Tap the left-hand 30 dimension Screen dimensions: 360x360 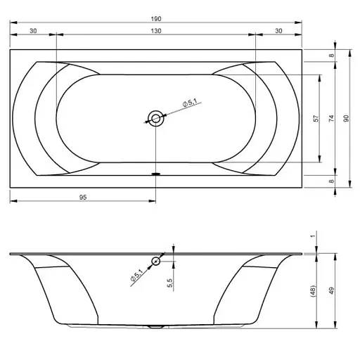pos(32,31)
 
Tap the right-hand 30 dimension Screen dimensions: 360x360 pos(279,31)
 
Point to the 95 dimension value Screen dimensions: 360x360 pos(83,198)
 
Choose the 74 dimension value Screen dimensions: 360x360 pos(331,118)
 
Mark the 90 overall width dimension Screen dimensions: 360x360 pos(345,118)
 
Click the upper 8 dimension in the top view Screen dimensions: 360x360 pos(331,55)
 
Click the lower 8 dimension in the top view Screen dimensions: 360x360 pos(331,181)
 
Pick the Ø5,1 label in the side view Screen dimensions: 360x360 pos(137,276)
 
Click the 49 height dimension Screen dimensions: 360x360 pos(331,290)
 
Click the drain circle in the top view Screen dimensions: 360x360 pos(155,118)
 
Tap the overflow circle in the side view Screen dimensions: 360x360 pos(155,261)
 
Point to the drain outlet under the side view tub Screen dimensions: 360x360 pos(155,327)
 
